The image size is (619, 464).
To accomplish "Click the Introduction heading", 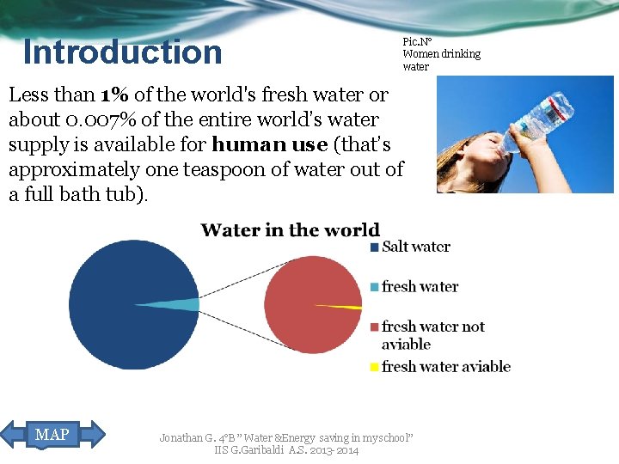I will [122, 52].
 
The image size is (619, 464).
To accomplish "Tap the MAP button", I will [52, 435].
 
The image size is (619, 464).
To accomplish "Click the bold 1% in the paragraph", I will [114, 95].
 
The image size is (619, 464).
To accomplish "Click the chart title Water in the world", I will [290, 230].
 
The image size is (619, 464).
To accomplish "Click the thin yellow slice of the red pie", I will [344, 306].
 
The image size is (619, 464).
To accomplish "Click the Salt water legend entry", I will [415, 247].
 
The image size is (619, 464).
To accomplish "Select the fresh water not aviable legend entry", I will [432, 335].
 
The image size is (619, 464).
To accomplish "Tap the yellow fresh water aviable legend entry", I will [445, 367].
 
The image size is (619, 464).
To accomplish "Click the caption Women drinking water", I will [441, 54].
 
